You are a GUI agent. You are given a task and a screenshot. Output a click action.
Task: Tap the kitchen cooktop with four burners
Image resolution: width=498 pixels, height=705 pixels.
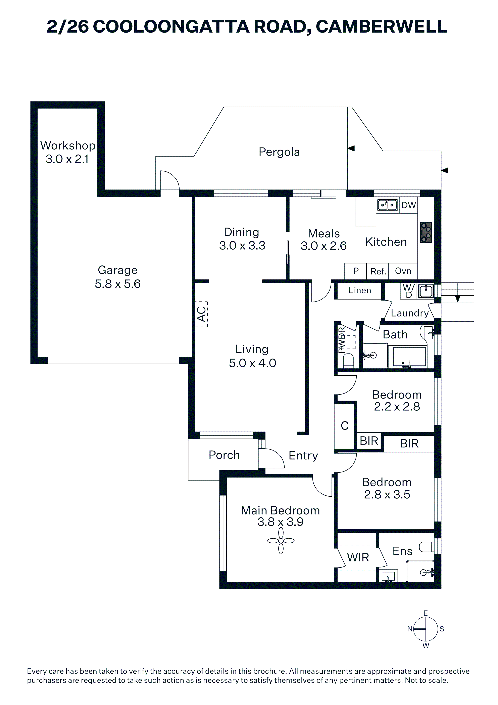[426, 233]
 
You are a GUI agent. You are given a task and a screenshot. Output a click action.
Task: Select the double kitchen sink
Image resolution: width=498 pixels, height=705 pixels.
[388, 205]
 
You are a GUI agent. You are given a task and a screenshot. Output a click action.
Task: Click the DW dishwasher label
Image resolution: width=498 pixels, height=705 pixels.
[409, 205]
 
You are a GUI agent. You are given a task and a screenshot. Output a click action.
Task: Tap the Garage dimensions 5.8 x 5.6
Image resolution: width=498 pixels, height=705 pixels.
[117, 284]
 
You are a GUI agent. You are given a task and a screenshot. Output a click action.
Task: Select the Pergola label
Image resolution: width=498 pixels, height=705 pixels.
[279, 152]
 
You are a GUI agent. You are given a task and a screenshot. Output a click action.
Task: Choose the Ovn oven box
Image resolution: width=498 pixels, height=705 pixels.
[403, 271]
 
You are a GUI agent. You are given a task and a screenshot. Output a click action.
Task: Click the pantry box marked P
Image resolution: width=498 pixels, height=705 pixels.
[356, 271]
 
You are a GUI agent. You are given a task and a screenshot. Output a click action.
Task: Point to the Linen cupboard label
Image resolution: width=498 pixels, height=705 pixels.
[360, 290]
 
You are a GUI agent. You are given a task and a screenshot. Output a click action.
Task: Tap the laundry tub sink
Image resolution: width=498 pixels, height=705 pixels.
[426, 291]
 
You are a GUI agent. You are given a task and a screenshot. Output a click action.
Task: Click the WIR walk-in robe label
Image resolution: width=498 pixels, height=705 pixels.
[358, 557]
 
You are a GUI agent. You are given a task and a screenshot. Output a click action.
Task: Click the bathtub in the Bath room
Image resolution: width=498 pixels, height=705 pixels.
[407, 357]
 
